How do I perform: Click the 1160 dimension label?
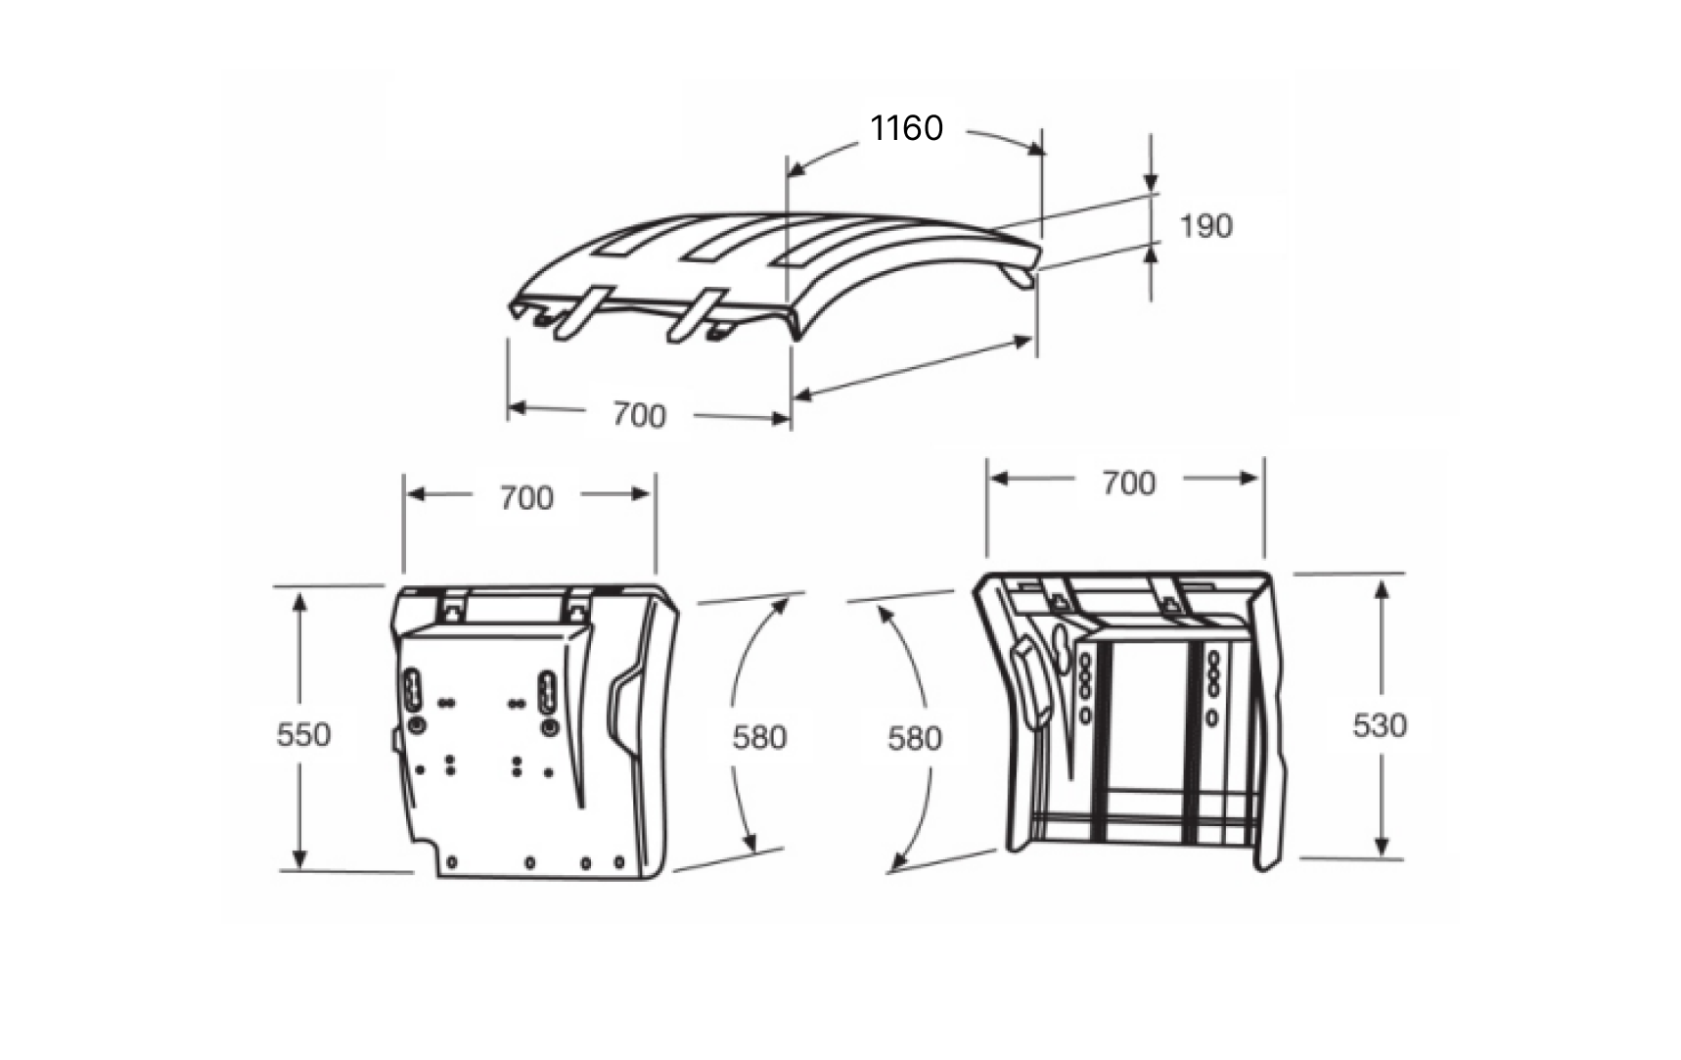(907, 128)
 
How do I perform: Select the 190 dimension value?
(1205, 226)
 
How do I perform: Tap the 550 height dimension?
(303, 734)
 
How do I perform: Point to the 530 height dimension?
(1380, 725)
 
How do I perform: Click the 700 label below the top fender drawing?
(639, 415)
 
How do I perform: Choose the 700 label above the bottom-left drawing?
(526, 498)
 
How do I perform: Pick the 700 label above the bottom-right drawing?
(1128, 483)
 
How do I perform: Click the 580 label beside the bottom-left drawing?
(759, 737)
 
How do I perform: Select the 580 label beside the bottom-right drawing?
(915, 738)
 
